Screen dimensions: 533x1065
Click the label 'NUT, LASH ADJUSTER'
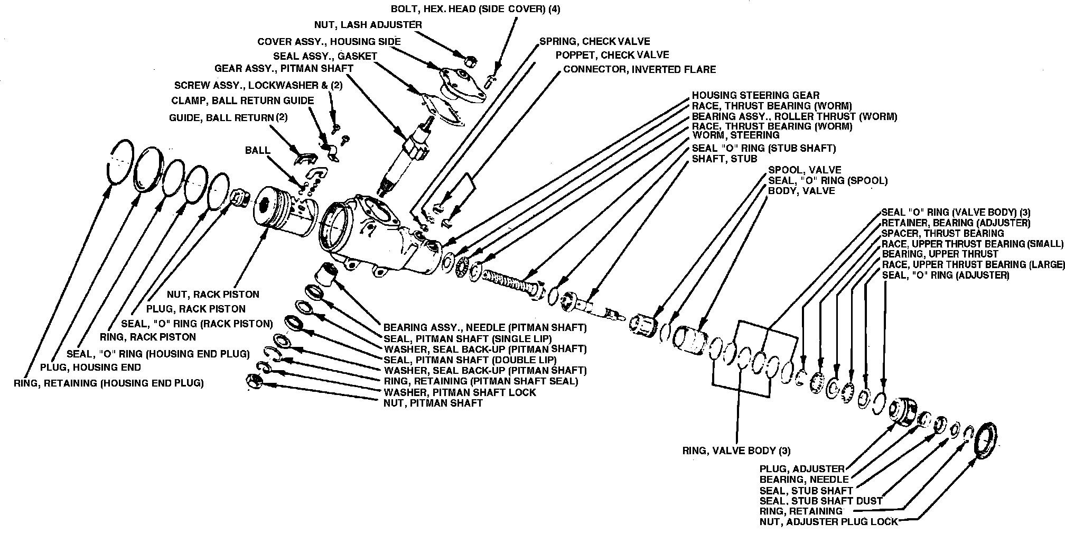click(368, 25)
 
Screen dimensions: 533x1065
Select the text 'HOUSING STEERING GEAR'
click(755, 96)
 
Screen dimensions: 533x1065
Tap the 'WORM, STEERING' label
click(735, 136)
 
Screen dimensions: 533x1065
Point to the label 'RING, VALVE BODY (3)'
click(736, 451)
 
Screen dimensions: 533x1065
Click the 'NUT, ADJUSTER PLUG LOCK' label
click(828, 522)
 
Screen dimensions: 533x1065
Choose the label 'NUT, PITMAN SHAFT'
click(433, 403)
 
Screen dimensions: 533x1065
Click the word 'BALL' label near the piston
click(257, 151)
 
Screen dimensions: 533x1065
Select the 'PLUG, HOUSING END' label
click(90, 367)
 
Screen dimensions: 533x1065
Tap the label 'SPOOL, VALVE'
click(804, 170)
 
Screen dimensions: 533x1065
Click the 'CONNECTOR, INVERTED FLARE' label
click(639, 69)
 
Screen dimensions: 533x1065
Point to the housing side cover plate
click(463, 85)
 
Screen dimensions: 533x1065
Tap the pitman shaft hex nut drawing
click(254, 381)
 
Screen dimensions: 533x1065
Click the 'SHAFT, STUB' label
click(724, 159)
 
